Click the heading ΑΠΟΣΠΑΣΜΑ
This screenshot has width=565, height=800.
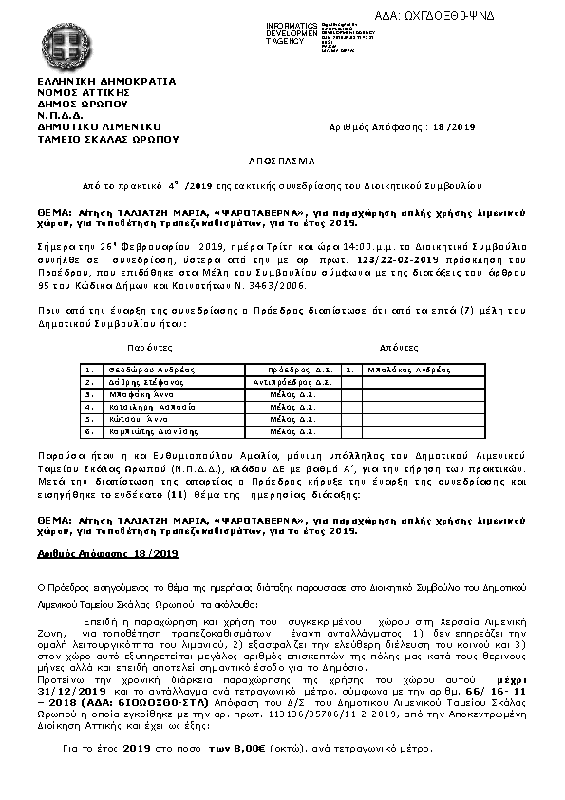tap(280, 162)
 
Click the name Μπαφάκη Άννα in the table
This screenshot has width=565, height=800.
tap(131, 393)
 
